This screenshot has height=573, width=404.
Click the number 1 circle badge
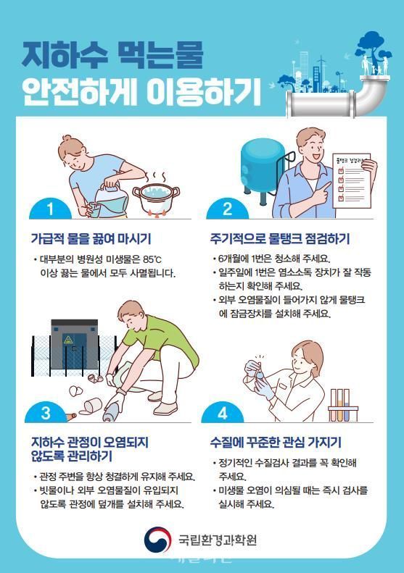(50, 209)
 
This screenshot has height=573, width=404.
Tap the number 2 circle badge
(227, 209)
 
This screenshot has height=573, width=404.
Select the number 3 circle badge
(45, 414)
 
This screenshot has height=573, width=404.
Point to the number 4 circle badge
(222, 414)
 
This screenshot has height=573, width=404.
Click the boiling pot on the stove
(156, 195)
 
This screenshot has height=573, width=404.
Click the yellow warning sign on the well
(68, 339)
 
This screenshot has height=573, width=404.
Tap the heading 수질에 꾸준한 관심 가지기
(276, 443)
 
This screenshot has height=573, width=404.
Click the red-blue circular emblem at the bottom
(157, 539)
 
